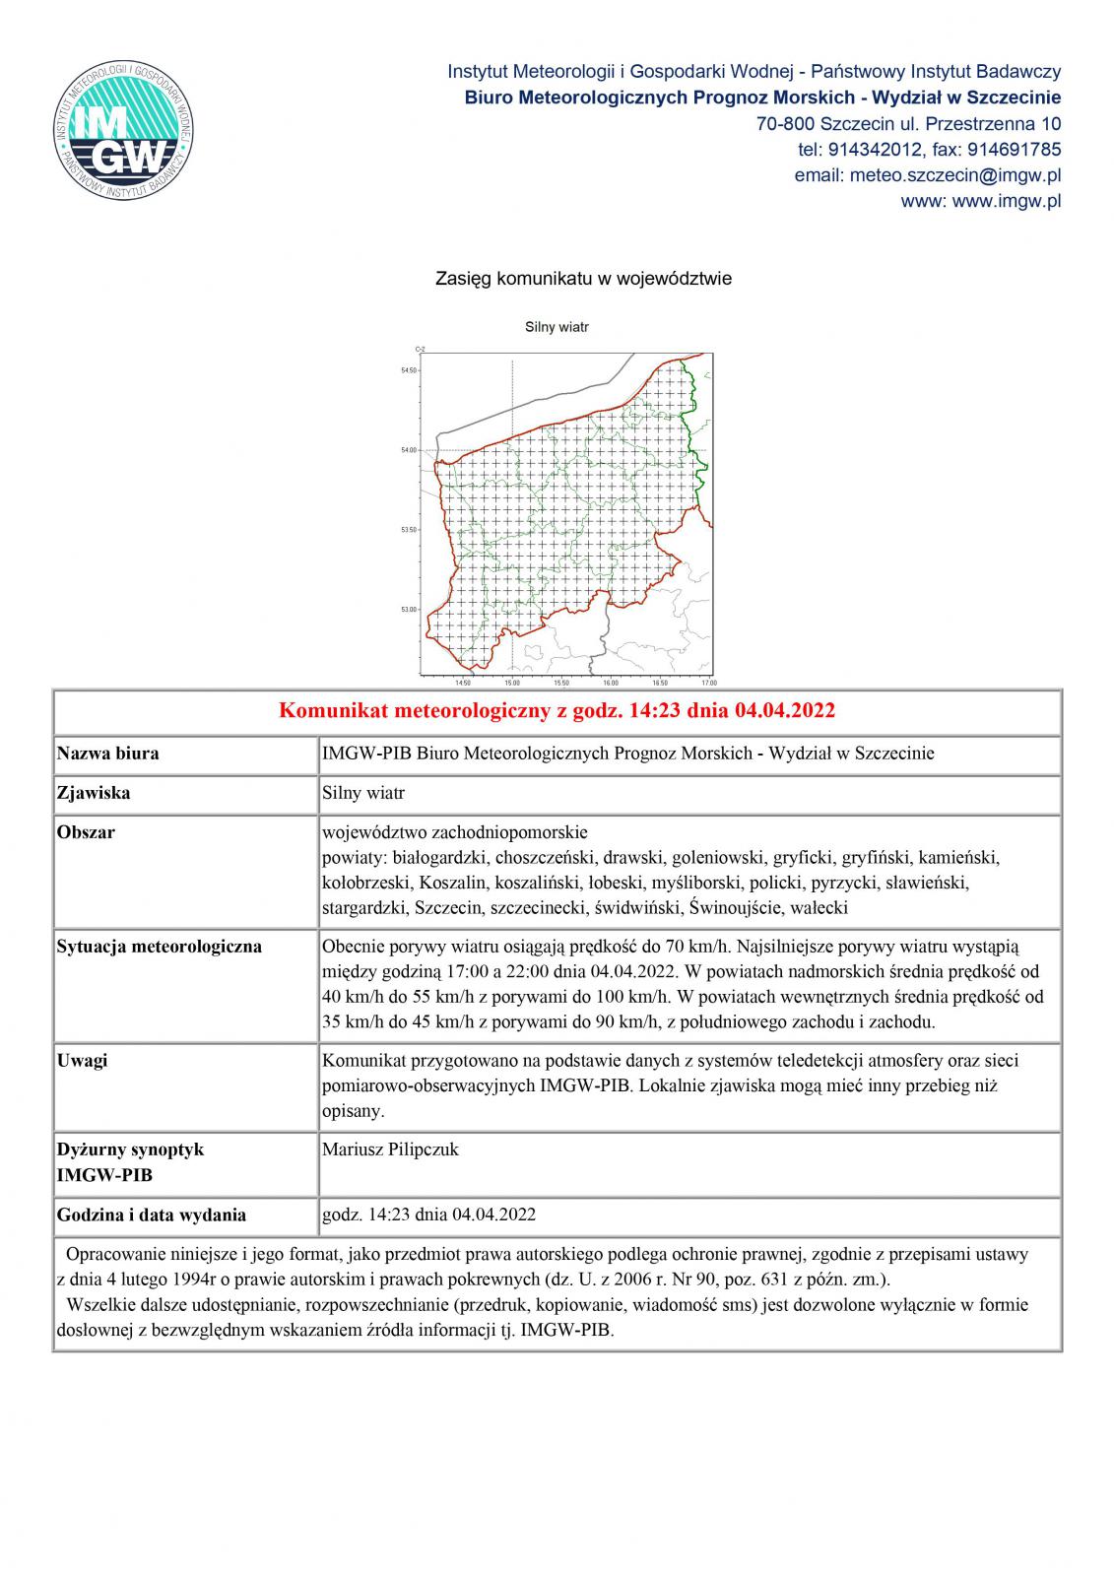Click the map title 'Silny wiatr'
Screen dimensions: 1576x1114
click(557, 327)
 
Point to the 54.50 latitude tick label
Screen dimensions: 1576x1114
click(408, 370)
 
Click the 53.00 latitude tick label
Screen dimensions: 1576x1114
click(408, 610)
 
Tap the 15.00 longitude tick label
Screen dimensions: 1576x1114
click(511, 683)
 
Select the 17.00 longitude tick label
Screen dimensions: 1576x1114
click(708, 683)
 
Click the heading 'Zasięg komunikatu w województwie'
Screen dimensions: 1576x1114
click(583, 279)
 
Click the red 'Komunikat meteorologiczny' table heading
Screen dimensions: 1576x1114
click(557, 710)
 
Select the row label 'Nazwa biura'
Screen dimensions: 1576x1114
click(107, 754)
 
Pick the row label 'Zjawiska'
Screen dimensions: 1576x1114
click(94, 793)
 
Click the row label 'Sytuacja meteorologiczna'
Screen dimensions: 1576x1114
click(159, 947)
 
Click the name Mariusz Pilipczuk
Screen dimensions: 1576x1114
click(390, 1149)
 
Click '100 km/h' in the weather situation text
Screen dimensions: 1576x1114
click(641, 997)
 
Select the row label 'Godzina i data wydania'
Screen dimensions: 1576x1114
click(151, 1215)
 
